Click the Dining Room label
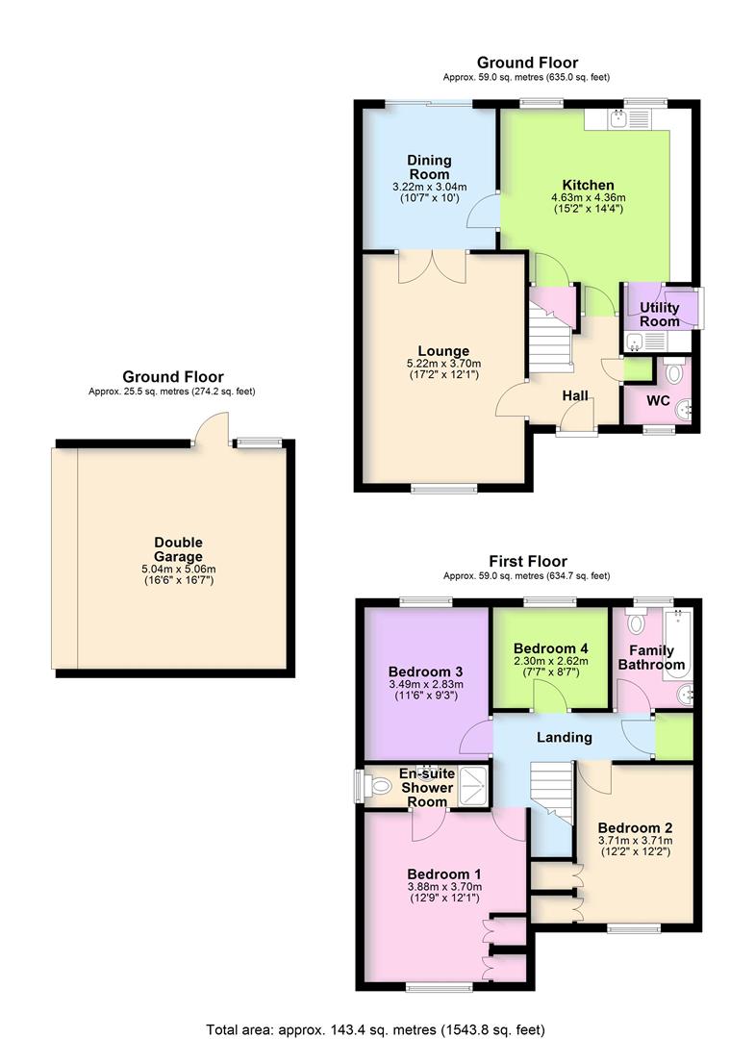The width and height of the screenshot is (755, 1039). coord(429,167)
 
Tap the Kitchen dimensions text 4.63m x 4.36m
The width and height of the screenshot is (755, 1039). coord(588,197)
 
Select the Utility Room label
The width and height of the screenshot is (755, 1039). coord(660,314)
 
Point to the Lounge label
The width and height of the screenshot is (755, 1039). coord(443,351)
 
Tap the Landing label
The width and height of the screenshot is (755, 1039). coord(564,737)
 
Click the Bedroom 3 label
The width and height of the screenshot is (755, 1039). coord(426,672)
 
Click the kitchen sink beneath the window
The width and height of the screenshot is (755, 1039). coord(617,118)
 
